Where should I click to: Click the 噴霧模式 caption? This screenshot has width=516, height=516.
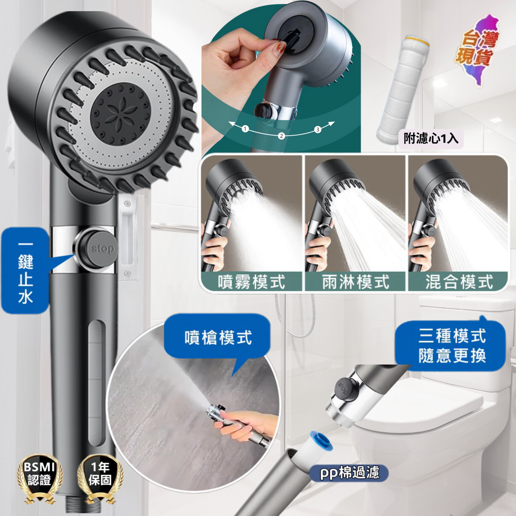tap(251, 282)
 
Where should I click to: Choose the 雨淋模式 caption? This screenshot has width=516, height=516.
tap(355, 282)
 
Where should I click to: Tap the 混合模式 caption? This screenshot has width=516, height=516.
tap(459, 282)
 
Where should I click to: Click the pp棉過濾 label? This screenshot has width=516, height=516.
tap(349, 473)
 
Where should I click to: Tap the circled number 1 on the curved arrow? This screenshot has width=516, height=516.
tap(245, 129)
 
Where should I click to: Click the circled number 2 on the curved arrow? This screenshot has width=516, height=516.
tap(281, 136)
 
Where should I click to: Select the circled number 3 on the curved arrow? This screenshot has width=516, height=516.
tap(318, 129)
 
